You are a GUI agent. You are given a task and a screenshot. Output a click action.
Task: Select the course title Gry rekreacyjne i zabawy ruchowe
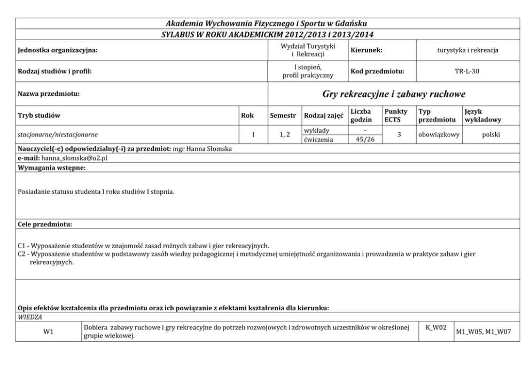(394, 94)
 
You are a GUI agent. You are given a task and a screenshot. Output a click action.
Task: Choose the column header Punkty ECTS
(395, 116)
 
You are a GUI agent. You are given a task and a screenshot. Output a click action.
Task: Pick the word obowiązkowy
(438, 135)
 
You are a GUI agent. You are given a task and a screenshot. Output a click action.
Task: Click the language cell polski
(490, 135)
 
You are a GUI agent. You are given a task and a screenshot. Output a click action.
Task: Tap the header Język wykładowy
(483, 116)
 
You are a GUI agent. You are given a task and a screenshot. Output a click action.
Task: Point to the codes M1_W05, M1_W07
(484, 332)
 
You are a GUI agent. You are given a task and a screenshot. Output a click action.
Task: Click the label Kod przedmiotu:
(377, 71)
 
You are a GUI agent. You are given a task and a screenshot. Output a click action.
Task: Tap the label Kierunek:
(367, 50)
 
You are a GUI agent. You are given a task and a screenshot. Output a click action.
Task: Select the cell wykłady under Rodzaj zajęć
(316, 131)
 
